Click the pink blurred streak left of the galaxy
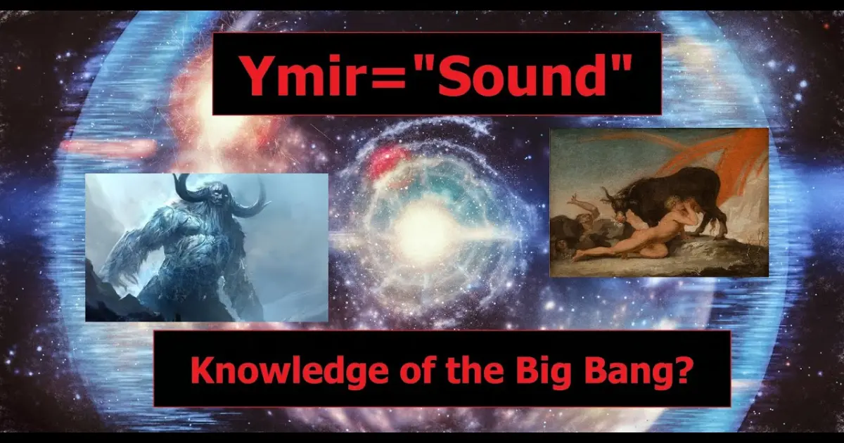pos(108,146)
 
